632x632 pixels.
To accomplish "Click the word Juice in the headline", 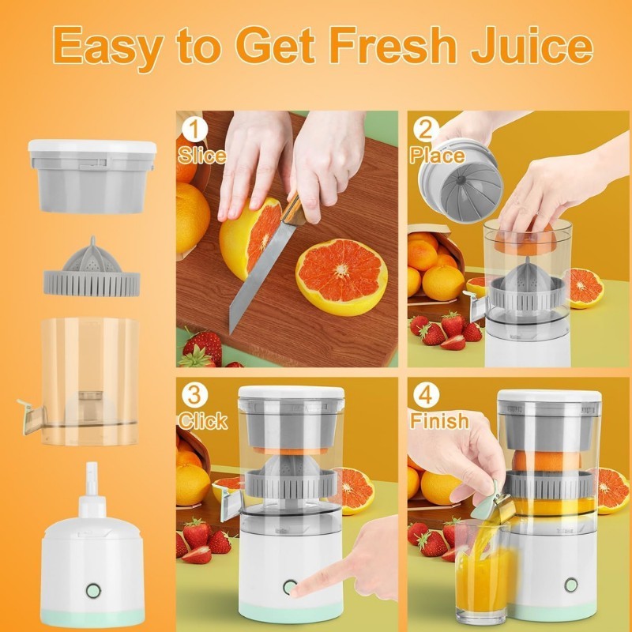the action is (532, 44).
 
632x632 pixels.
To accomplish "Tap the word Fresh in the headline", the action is (393, 44).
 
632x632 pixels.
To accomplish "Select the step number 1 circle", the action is (194, 130).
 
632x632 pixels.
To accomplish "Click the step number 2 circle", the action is (426, 130).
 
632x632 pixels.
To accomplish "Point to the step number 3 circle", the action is (194, 396).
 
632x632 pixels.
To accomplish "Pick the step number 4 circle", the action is (426, 396).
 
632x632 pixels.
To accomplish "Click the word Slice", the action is (202, 156).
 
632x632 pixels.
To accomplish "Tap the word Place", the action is (438, 156).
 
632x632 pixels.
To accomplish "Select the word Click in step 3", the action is (203, 421).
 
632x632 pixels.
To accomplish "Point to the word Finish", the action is (440, 421).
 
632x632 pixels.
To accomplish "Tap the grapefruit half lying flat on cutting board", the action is (341, 277).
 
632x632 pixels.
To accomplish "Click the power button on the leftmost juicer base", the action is (93, 591).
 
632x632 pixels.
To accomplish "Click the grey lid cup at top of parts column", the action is (92, 176).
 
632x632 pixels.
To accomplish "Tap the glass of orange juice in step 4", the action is (482, 572).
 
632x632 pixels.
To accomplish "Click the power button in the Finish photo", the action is (570, 585).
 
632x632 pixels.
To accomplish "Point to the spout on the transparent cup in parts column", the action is (30, 416).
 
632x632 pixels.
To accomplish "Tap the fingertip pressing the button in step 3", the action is (295, 591).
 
